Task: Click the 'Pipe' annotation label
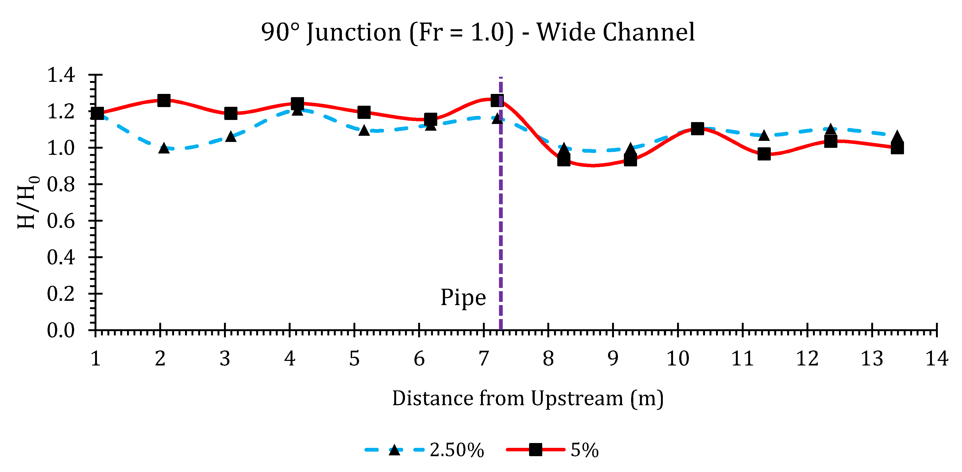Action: pos(463,297)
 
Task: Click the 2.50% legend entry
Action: pos(426,450)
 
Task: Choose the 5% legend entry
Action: pos(553,450)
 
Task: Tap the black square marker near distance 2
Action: pos(164,100)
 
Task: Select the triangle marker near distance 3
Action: pos(231,137)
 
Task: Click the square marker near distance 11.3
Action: pos(764,154)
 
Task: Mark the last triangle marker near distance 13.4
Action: pos(897,137)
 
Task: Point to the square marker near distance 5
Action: pos(364,112)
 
